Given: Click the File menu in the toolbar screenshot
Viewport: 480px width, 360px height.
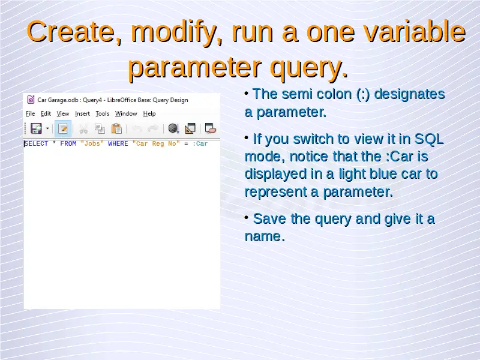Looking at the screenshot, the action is click(x=31, y=113).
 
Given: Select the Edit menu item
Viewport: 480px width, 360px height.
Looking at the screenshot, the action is click(x=46, y=113).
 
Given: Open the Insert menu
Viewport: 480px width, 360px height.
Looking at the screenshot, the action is click(x=82, y=113).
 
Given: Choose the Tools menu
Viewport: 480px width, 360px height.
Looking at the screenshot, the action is click(x=102, y=113).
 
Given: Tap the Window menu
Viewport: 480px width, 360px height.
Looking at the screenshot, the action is click(x=126, y=113).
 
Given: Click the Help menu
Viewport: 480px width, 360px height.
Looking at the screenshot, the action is click(x=149, y=113).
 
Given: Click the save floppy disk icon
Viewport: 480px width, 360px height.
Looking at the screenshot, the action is click(x=36, y=128).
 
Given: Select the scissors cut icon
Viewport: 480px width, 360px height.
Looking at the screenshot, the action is click(x=83, y=129).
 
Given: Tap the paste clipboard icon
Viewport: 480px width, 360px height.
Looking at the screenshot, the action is click(x=116, y=128).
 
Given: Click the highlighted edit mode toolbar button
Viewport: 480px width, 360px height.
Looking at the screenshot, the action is click(x=63, y=128).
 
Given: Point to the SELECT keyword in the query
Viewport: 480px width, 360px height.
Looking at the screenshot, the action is click(x=36, y=143).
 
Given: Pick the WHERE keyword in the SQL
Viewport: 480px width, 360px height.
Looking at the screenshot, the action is click(x=118, y=143).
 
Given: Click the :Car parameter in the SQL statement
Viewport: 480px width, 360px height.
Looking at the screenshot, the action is click(x=200, y=143).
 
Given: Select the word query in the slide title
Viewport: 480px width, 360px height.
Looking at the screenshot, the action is click(x=309, y=67).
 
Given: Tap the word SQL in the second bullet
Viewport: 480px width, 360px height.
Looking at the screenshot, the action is click(x=429, y=139).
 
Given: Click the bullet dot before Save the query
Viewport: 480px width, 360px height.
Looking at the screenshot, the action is click(x=247, y=217).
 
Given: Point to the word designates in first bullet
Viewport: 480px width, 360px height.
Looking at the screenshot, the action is click(x=409, y=94).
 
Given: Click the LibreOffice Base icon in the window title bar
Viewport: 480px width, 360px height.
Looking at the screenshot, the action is click(x=31, y=100).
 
